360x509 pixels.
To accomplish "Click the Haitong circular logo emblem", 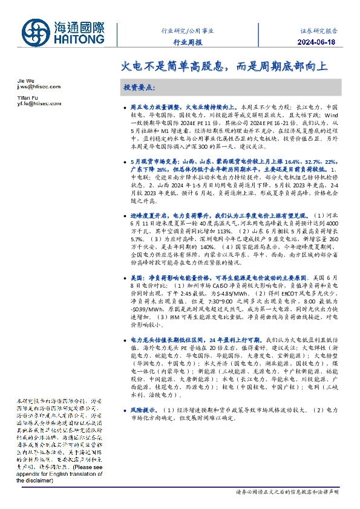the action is coord(38,32).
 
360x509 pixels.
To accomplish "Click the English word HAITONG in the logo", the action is coord(79,39).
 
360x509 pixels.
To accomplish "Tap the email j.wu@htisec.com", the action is coord(37,86).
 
